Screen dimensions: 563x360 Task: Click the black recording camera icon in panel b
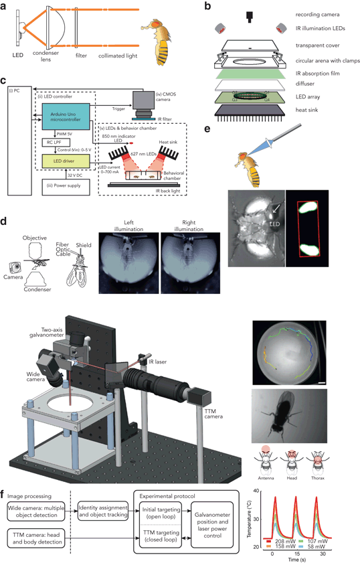[249, 15]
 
